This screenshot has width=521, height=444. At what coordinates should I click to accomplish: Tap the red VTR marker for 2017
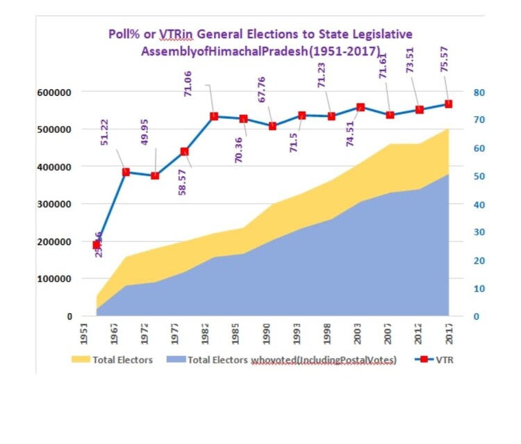pyautogui.click(x=448, y=104)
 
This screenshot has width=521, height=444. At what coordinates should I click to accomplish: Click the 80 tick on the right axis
pyautogui.click(x=479, y=92)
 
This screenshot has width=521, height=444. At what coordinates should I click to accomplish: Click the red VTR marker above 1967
pyautogui.click(x=126, y=172)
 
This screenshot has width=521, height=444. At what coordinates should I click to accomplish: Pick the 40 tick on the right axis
pyautogui.click(x=479, y=204)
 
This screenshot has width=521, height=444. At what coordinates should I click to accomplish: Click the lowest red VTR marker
pyautogui.click(x=97, y=245)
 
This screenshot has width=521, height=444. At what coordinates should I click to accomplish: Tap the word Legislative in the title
pyautogui.click(x=381, y=34)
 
